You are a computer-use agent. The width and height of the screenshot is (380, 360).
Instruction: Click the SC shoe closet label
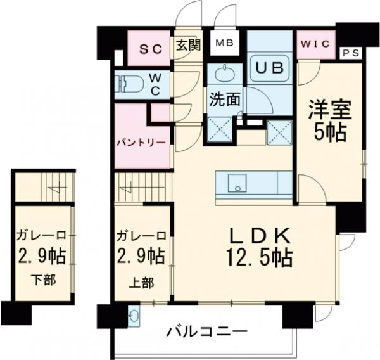point(150,48)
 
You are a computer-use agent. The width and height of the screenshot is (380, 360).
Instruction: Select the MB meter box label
point(223,43)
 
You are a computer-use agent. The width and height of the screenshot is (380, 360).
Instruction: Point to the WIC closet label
point(315,44)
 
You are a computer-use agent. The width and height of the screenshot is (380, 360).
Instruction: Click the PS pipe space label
point(350,53)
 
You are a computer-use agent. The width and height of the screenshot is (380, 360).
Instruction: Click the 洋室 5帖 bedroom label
point(326,121)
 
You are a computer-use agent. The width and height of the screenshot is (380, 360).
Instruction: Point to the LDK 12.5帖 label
point(259,248)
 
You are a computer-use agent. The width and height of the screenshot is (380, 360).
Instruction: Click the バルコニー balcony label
point(206,331)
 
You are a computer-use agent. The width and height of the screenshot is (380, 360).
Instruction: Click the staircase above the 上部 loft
point(142,188)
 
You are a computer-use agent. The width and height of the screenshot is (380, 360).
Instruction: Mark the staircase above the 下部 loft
point(44,185)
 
